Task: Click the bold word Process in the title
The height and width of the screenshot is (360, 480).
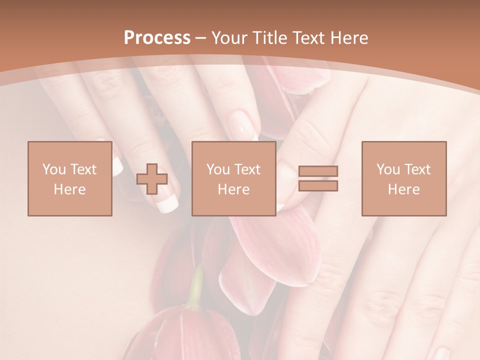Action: point(157,38)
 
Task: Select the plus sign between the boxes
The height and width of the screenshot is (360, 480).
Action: point(152,178)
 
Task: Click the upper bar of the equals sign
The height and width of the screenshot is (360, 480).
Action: point(318,171)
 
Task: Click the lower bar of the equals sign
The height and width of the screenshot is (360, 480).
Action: point(318,186)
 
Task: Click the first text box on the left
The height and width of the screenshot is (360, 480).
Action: point(69,178)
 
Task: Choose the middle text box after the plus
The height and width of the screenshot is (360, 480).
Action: point(233,178)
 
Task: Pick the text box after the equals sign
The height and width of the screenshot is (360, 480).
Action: point(403,178)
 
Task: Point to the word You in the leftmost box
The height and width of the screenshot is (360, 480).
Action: point(53,169)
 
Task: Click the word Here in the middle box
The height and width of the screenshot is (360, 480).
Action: point(233,189)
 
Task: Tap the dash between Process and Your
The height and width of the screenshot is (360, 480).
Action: point(200,38)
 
